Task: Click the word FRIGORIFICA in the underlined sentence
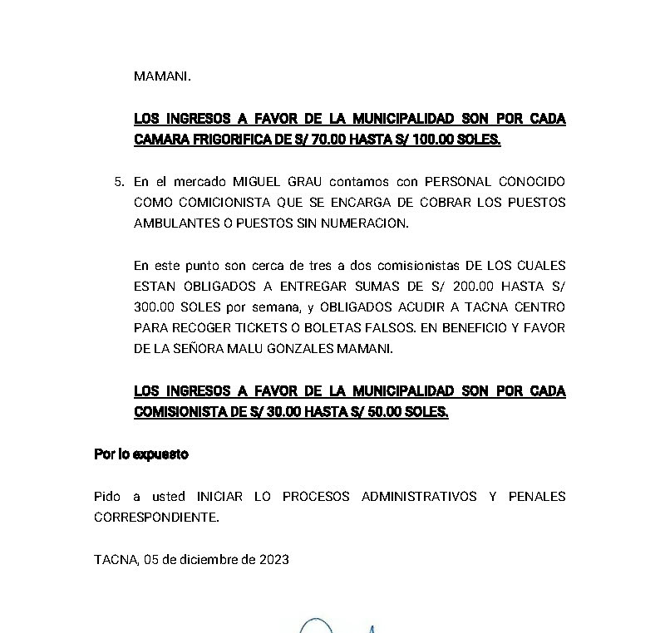pos(227,140)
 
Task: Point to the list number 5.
pos(119,181)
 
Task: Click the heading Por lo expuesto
pos(141,454)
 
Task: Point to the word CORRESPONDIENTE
pos(155,518)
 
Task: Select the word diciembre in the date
pos(209,560)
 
